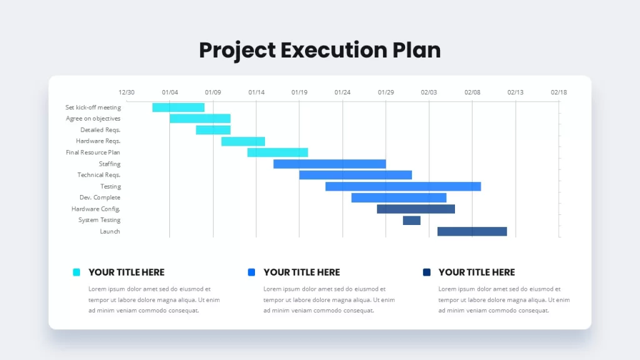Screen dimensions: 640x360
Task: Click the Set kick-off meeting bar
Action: (178, 107)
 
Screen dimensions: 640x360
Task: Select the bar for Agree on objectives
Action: (200, 118)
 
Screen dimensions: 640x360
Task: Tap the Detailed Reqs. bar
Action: (213, 130)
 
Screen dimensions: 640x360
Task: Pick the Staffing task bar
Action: (329, 164)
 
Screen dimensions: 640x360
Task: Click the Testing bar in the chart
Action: (403, 186)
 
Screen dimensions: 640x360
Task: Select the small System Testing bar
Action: (411, 221)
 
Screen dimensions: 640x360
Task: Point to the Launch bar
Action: (472, 231)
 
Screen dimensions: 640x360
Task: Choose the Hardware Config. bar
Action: (416, 209)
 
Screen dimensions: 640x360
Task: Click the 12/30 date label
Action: (126, 92)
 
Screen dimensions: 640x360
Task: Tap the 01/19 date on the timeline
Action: (299, 92)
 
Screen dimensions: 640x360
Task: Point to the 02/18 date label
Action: (559, 92)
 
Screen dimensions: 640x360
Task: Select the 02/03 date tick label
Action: (429, 92)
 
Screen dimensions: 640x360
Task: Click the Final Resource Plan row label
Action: (93, 152)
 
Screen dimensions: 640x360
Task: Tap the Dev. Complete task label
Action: (100, 197)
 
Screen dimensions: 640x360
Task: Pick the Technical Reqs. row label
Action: (99, 175)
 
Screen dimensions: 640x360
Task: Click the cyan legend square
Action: (76, 272)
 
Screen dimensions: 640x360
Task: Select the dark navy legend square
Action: (426, 272)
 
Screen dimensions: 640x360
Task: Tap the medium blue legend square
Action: (251, 272)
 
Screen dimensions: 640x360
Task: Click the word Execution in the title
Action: (334, 50)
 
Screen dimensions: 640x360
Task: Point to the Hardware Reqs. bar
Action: (243, 141)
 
